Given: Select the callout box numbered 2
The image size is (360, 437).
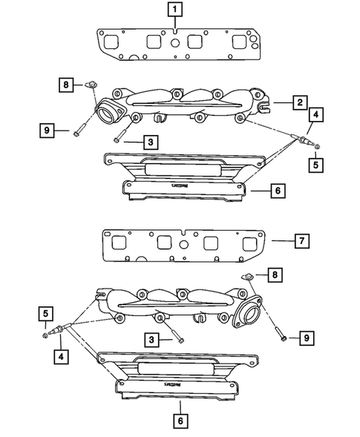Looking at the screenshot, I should [x=298, y=102].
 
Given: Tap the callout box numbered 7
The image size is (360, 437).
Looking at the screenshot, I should [x=301, y=241].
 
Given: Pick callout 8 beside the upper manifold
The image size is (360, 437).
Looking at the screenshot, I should [x=66, y=85].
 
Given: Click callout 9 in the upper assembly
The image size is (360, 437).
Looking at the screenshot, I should [x=47, y=132].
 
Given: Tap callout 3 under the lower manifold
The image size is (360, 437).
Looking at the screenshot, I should [x=151, y=338].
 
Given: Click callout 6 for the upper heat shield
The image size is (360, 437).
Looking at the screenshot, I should [x=276, y=191].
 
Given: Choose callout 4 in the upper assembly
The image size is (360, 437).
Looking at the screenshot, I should [x=316, y=115].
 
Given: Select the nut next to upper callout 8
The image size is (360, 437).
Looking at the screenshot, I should [x=91, y=86].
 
